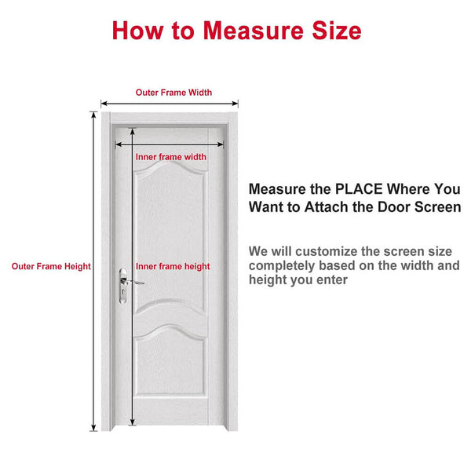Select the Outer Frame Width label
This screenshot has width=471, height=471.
pyautogui.click(x=173, y=93)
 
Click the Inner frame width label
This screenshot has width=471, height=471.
pyautogui.click(x=171, y=157)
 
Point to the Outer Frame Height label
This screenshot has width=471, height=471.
pyautogui.click(x=51, y=266)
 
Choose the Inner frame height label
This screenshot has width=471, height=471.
pyautogui.click(x=173, y=266)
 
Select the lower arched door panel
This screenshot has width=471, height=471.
pyautogui.click(x=170, y=377)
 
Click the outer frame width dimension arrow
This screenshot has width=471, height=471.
pyautogui.click(x=169, y=103)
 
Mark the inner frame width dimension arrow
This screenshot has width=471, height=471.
pyautogui.click(x=170, y=144)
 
